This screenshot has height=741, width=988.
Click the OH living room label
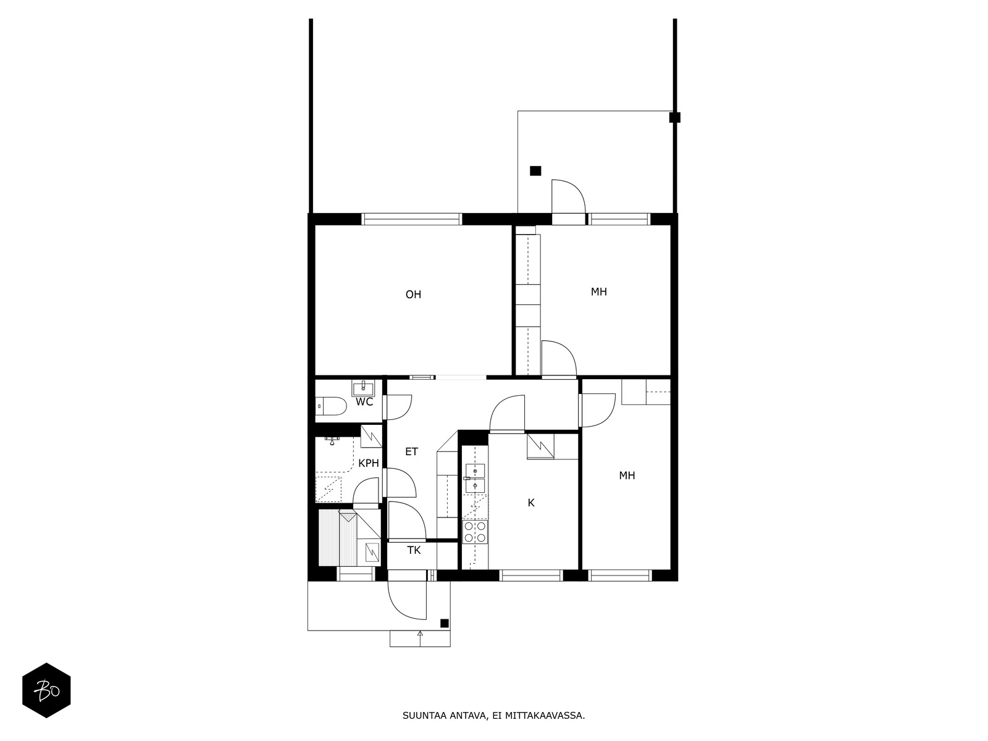pos(413,295)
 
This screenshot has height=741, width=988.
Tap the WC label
pos(364,402)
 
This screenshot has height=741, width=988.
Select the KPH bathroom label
pos(369,463)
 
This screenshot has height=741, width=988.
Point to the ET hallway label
pos(411,452)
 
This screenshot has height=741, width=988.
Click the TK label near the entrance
pos(414,550)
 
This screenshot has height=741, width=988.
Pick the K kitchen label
pos(531,503)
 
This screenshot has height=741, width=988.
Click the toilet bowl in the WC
pos(332,406)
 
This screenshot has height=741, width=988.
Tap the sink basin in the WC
pos(363,388)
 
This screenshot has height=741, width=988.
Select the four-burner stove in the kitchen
pos(475,532)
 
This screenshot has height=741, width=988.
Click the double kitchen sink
pos(475,479)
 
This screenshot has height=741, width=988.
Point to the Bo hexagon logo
pos(46,690)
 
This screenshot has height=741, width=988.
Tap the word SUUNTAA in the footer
pos(421,716)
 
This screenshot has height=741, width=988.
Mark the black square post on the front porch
pos(444,623)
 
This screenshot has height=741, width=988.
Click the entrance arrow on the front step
pos(420,634)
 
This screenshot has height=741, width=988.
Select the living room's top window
pos(411,219)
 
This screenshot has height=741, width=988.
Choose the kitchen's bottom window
pos(531,576)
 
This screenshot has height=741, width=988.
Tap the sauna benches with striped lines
pos(329,538)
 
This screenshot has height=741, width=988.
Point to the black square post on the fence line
pos(675,117)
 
